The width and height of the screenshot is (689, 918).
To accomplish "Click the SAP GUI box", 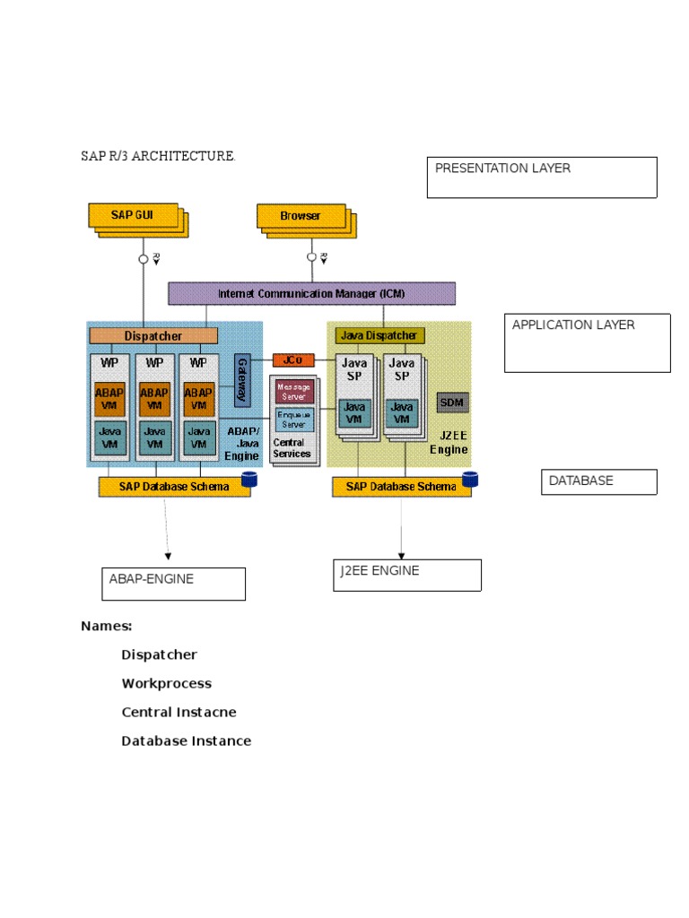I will pos(132,215).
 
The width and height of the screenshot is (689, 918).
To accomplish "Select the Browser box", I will pos(301,216).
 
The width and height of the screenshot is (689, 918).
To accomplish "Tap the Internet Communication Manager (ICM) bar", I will pos(311,293).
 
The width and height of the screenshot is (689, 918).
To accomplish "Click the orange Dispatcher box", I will pos(153,335).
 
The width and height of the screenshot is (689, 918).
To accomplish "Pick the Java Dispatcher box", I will pos(379,335).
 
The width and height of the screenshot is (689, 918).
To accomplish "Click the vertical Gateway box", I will pos(241,381).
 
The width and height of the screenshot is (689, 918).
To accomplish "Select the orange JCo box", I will pos(292,359).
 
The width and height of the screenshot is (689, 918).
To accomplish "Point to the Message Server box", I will pos(293,392).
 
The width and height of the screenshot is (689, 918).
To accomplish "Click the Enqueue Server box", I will pos(294,419).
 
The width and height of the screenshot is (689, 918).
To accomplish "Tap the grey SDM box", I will pos(452,403).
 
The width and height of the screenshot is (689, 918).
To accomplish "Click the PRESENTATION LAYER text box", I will pos(542,177).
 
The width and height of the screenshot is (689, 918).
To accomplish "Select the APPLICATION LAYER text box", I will pos(587,342).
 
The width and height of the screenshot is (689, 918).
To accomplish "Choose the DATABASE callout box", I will pos(598,481).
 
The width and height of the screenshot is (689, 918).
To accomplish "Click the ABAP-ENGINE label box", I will pos(172,584).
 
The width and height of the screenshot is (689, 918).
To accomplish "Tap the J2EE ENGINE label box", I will pos(406,575).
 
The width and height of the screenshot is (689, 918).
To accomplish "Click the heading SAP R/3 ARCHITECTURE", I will pos(158,156).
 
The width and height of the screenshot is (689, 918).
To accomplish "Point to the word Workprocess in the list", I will pos(167,683).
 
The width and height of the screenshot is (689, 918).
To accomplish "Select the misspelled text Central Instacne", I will pos(179,712).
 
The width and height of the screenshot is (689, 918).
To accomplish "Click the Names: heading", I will pos(107,626).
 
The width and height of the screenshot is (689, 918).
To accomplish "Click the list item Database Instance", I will pos(187,740).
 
